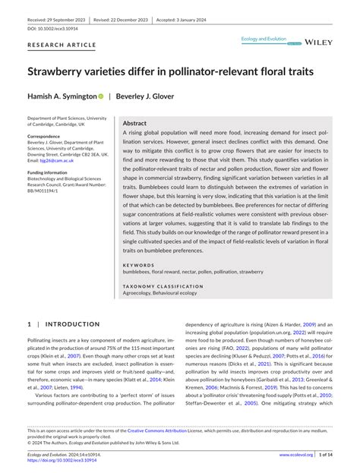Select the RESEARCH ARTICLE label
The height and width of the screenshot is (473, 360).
point(62,46)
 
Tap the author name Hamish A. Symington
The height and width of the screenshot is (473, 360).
point(62,97)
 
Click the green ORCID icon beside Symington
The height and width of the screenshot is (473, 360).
point(100,97)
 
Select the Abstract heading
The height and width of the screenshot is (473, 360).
point(134,123)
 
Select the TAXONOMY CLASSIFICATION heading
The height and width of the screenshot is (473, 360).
point(161,285)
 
